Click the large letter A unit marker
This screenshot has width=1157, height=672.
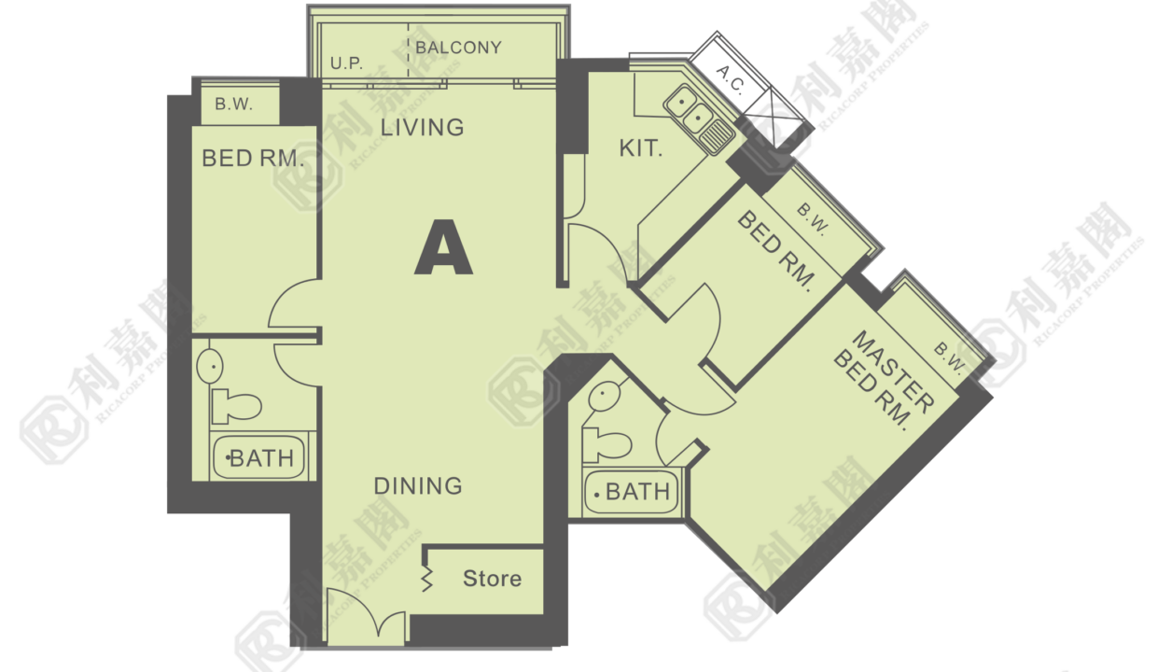click(x=443, y=247)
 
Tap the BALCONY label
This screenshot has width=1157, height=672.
click(x=459, y=48)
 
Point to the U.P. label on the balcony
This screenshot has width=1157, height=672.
click(x=346, y=63)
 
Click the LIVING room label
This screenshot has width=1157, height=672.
click(x=422, y=127)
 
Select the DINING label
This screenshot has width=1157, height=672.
click(x=418, y=486)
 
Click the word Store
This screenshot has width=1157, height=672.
click(x=492, y=579)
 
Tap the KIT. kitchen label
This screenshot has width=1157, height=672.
click(x=640, y=148)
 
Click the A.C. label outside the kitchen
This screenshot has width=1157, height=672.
click(x=731, y=79)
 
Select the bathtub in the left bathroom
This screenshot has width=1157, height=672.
click(x=258, y=457)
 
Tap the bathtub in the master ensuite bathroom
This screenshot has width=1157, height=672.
click(x=632, y=491)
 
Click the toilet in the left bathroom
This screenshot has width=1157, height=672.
click(x=235, y=405)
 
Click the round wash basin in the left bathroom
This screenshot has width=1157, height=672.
click(x=210, y=366)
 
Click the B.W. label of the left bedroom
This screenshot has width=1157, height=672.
click(x=233, y=105)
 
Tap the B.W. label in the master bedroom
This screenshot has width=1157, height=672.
click(x=949, y=357)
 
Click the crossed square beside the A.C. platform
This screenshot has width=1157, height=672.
click(x=774, y=118)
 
